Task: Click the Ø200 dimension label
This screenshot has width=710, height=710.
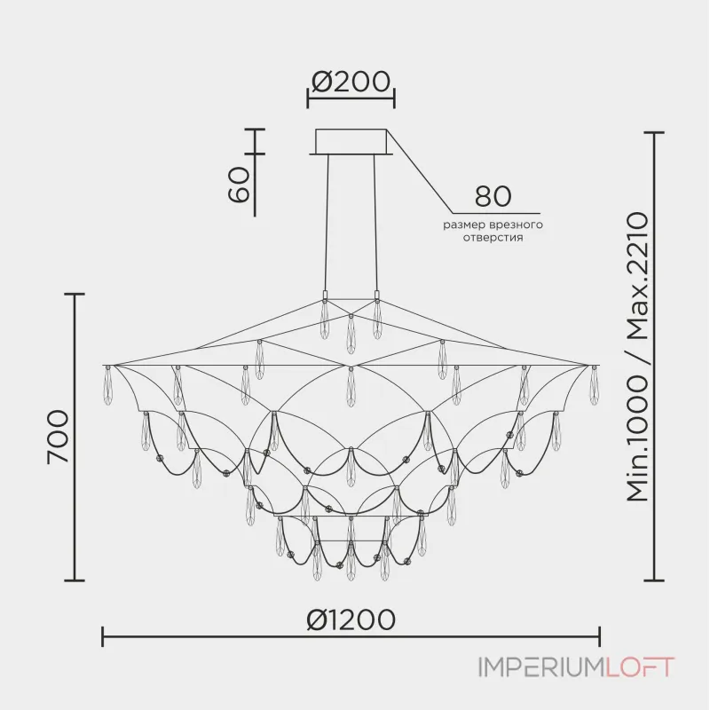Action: point(351,82)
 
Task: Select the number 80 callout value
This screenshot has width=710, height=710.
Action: point(493,196)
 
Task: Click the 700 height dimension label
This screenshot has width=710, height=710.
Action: point(56,437)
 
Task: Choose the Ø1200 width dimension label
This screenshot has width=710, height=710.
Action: point(351,619)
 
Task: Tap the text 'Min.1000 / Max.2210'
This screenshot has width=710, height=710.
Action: point(638,358)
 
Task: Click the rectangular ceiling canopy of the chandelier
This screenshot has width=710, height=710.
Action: point(351,142)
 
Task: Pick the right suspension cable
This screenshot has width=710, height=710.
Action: point(375,222)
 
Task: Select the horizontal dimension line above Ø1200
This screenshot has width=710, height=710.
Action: point(351,636)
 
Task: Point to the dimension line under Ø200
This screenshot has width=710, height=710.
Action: point(351,99)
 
